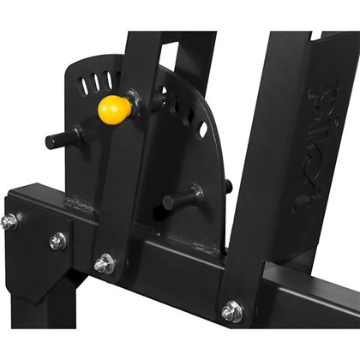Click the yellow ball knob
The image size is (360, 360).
coord(113,108)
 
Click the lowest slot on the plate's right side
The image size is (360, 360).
coord(203,129)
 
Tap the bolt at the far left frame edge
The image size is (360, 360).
coord(9,222)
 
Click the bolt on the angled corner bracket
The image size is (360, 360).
coord(57,242)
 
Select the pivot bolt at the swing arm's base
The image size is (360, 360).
coord(104,265)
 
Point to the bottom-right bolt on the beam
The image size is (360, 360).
coord(231,312)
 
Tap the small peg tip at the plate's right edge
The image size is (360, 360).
coord(228,186)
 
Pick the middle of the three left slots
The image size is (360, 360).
coord(96,83)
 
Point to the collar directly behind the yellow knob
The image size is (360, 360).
coord(135,101)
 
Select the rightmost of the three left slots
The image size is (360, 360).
coord(110,80)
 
